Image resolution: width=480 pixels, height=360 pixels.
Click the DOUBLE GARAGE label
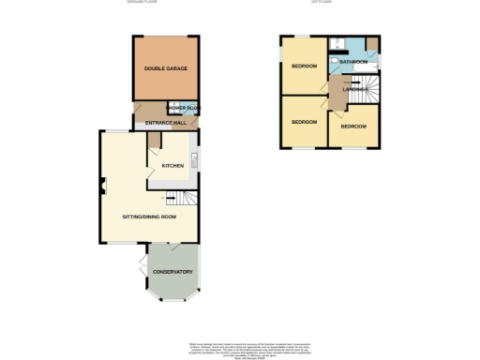tap(165, 69)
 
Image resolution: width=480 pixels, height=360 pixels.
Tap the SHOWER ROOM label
tap(183, 109)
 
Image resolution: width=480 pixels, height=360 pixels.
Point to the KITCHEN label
tap(172, 166)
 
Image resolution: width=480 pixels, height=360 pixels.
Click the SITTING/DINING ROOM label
tap(149, 217)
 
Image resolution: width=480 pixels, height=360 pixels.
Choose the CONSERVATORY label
tap(172, 272)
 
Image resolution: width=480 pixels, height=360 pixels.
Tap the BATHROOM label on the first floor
tap(353, 62)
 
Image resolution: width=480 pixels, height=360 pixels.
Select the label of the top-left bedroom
tap(303, 66)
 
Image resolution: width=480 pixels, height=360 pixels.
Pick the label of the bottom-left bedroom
tap(303, 122)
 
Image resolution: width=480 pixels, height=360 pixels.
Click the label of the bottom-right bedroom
tap(353, 126)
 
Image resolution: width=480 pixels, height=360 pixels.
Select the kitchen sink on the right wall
tap(193, 157)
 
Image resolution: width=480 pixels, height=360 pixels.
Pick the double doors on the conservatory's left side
tap(142, 260)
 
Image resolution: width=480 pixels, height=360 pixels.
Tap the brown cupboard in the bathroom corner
tap(373, 44)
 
